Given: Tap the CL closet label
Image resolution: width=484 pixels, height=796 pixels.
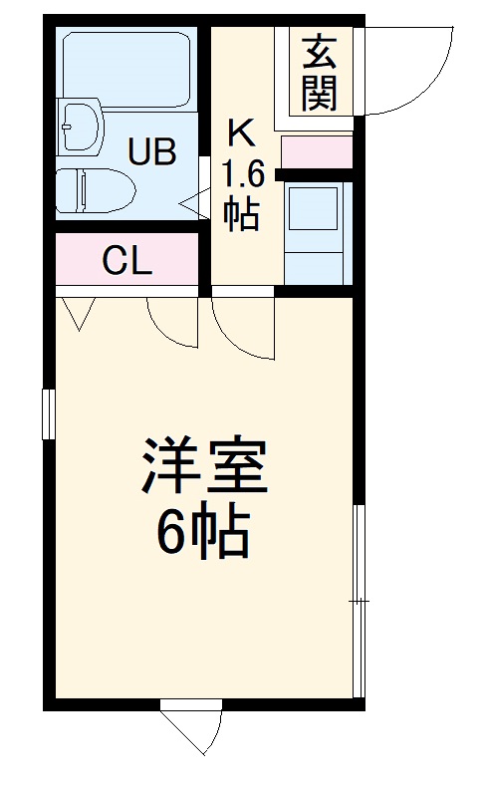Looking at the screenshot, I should coord(127,261).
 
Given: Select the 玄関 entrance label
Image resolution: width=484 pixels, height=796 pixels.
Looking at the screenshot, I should coord(320,72).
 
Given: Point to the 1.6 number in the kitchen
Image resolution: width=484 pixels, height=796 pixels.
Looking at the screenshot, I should coord(242,175).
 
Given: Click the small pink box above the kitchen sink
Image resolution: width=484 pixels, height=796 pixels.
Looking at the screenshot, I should coord(318,152).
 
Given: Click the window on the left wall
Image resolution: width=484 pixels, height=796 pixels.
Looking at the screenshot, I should coord(46,413).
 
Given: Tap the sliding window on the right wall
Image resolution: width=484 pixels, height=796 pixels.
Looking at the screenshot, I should coord(361,602).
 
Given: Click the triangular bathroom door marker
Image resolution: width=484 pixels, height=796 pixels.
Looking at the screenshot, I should coord(192,201).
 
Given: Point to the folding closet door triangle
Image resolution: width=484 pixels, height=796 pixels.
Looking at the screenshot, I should coord(77,313).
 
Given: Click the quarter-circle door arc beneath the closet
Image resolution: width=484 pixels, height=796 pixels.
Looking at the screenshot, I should coord(171,321).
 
